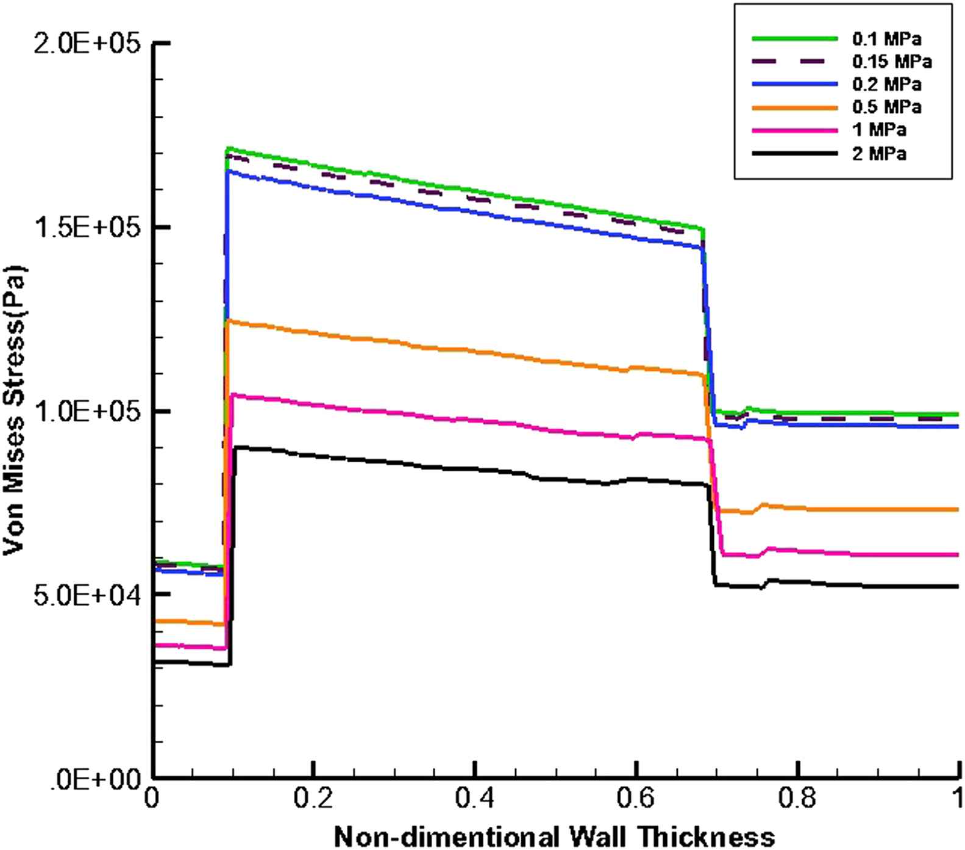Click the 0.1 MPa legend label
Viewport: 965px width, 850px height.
(x=886, y=39)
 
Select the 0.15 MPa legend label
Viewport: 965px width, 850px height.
(x=892, y=62)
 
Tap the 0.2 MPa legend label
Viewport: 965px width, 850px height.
(x=886, y=84)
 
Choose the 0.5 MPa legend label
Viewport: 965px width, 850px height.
(x=886, y=107)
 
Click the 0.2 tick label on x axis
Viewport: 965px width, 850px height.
(x=313, y=799)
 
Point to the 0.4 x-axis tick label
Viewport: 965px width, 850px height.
(x=474, y=799)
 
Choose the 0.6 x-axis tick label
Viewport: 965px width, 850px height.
(x=636, y=799)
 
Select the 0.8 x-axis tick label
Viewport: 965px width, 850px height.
(x=797, y=799)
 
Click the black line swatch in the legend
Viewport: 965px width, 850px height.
(x=795, y=153)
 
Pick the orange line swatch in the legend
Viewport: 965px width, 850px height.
(x=795, y=107)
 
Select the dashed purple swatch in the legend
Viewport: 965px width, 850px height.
(x=795, y=62)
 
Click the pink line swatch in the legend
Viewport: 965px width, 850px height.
(x=795, y=130)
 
